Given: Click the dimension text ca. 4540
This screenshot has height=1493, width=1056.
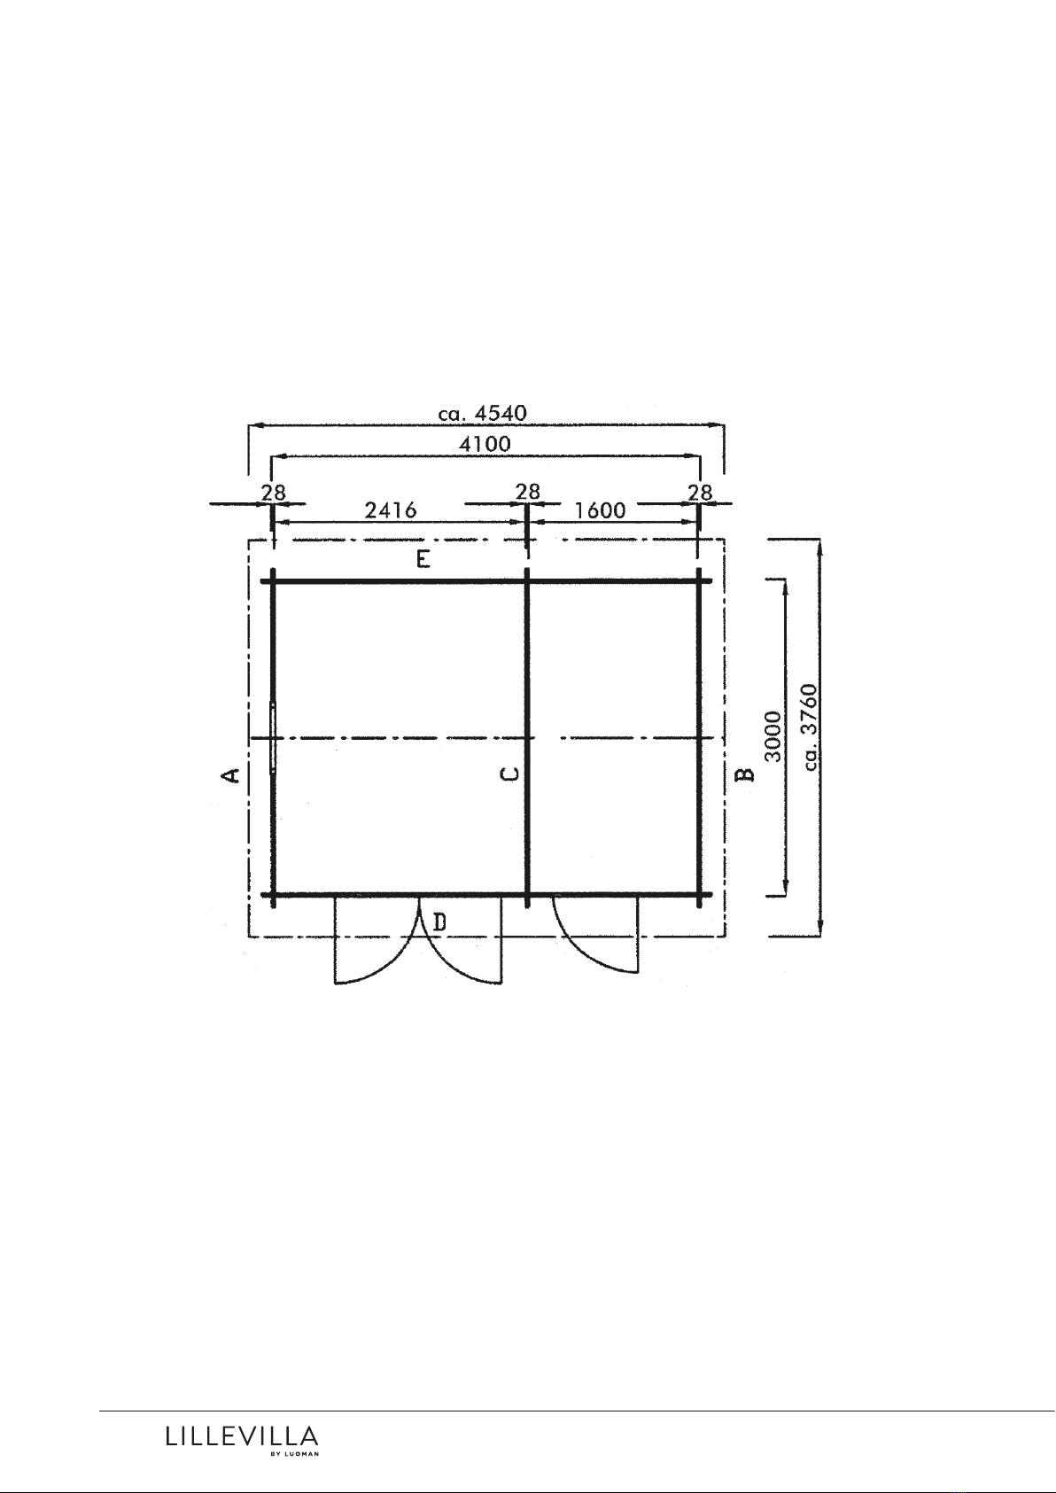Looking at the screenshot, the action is (x=482, y=413).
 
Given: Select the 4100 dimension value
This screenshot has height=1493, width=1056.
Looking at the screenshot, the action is (x=485, y=443).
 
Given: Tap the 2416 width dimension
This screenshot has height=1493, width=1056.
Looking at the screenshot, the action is (x=391, y=509).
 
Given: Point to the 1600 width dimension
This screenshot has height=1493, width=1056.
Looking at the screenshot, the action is (x=600, y=510).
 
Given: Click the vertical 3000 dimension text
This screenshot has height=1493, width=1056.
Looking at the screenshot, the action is (x=773, y=735).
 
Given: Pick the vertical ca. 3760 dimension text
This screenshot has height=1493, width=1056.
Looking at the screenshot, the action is (x=809, y=727).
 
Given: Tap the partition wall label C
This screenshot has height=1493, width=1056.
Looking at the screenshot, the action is (x=509, y=774).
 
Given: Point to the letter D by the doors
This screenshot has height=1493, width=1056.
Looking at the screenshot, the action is (x=439, y=922).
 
